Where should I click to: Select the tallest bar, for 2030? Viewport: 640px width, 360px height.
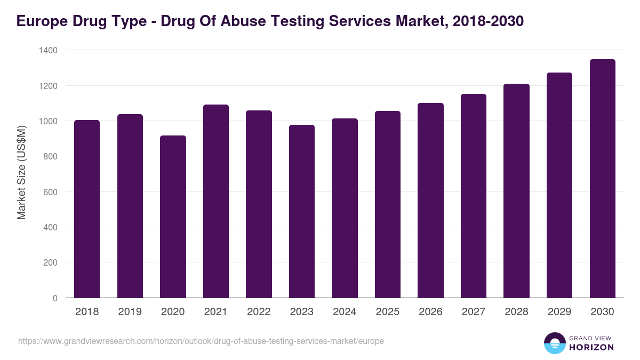[x=602, y=179]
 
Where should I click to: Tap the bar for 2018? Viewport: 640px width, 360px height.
[x=87, y=209]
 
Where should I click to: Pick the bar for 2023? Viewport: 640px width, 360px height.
[x=302, y=211]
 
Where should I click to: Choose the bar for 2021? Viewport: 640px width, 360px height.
[x=216, y=201]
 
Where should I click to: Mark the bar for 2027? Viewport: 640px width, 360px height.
[x=474, y=196]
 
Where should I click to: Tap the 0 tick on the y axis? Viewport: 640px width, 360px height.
[x=55, y=298]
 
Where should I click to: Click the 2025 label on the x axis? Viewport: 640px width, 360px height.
[x=388, y=312]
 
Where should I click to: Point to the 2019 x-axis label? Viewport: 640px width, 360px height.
[x=130, y=312]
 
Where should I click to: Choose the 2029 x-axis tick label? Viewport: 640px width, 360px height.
[x=559, y=312]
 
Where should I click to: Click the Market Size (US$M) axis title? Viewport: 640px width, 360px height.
[x=21, y=173]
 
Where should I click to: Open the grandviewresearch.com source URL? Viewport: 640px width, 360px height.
[x=201, y=341]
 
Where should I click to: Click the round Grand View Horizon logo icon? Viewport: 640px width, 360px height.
[x=554, y=343]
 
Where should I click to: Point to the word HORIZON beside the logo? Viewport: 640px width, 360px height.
[x=591, y=347]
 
